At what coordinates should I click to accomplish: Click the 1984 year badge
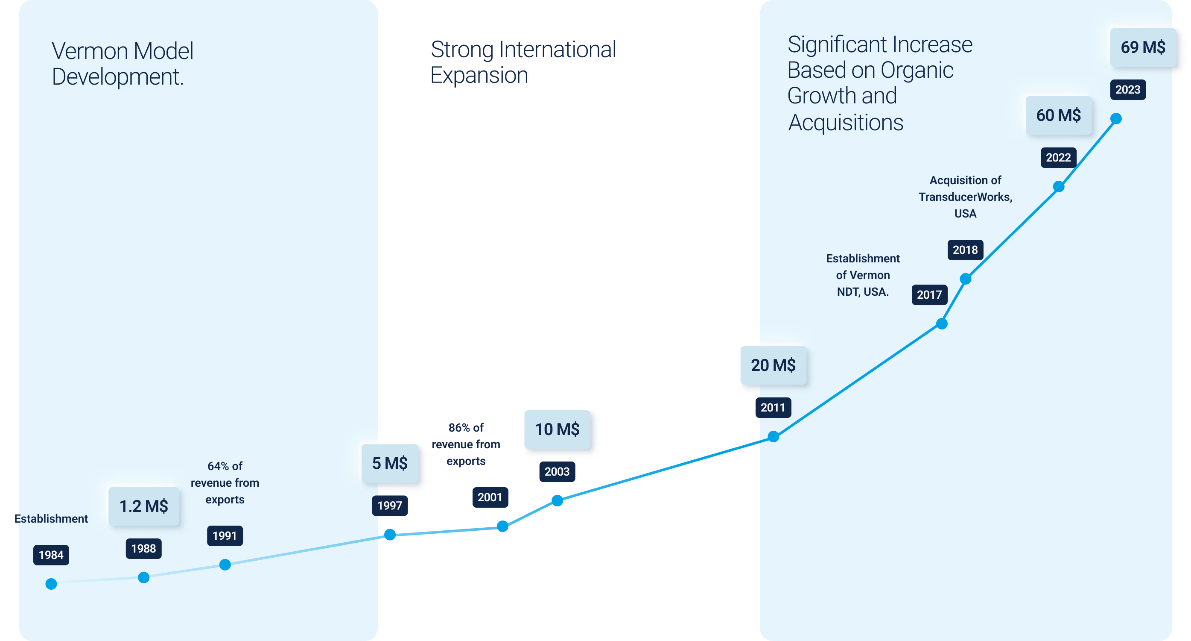(51, 555)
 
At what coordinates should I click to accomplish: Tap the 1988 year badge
(143, 548)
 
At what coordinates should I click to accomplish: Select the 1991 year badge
(225, 535)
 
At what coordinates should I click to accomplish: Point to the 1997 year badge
(390, 506)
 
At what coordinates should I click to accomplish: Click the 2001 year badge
(490, 497)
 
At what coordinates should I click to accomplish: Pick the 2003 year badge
(557, 472)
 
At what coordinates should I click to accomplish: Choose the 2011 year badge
(773, 408)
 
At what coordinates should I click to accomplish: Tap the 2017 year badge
(929, 295)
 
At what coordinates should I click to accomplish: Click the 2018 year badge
(965, 250)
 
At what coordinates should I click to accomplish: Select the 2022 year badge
(1058, 158)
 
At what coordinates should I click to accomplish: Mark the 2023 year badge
(1128, 90)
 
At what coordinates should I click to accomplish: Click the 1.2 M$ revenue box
(144, 506)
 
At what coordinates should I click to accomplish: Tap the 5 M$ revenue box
(390, 463)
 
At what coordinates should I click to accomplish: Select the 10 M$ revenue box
(557, 429)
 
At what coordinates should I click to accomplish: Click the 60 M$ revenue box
(1058, 115)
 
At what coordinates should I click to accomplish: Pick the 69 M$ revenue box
(1143, 47)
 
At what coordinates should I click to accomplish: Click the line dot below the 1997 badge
(390, 535)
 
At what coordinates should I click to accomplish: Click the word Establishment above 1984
(51, 519)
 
